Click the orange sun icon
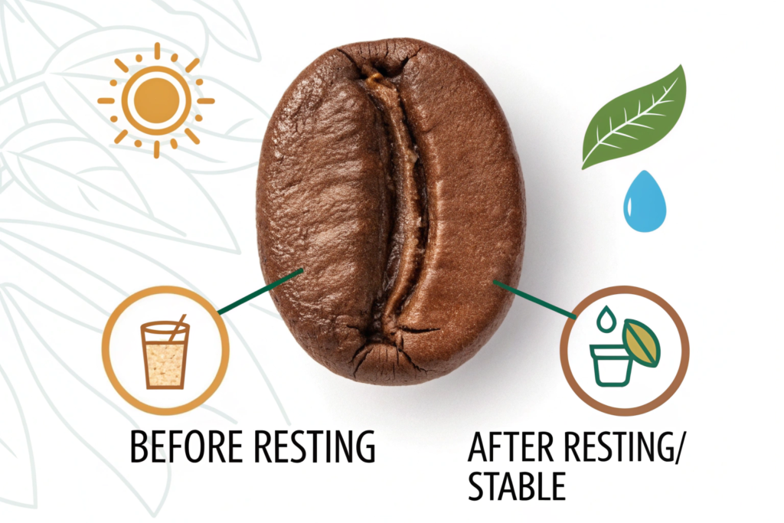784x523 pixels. tap(156, 100)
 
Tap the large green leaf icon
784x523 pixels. tap(634, 118)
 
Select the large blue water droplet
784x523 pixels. tap(645, 202)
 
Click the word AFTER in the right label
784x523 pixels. tap(510, 446)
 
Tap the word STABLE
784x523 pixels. tap(517, 485)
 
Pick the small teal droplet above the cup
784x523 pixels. tap(606, 319)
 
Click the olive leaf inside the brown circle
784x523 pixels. tap(641, 343)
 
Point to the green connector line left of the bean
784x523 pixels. tap(261, 292)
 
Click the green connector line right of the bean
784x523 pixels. tap(534, 299)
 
